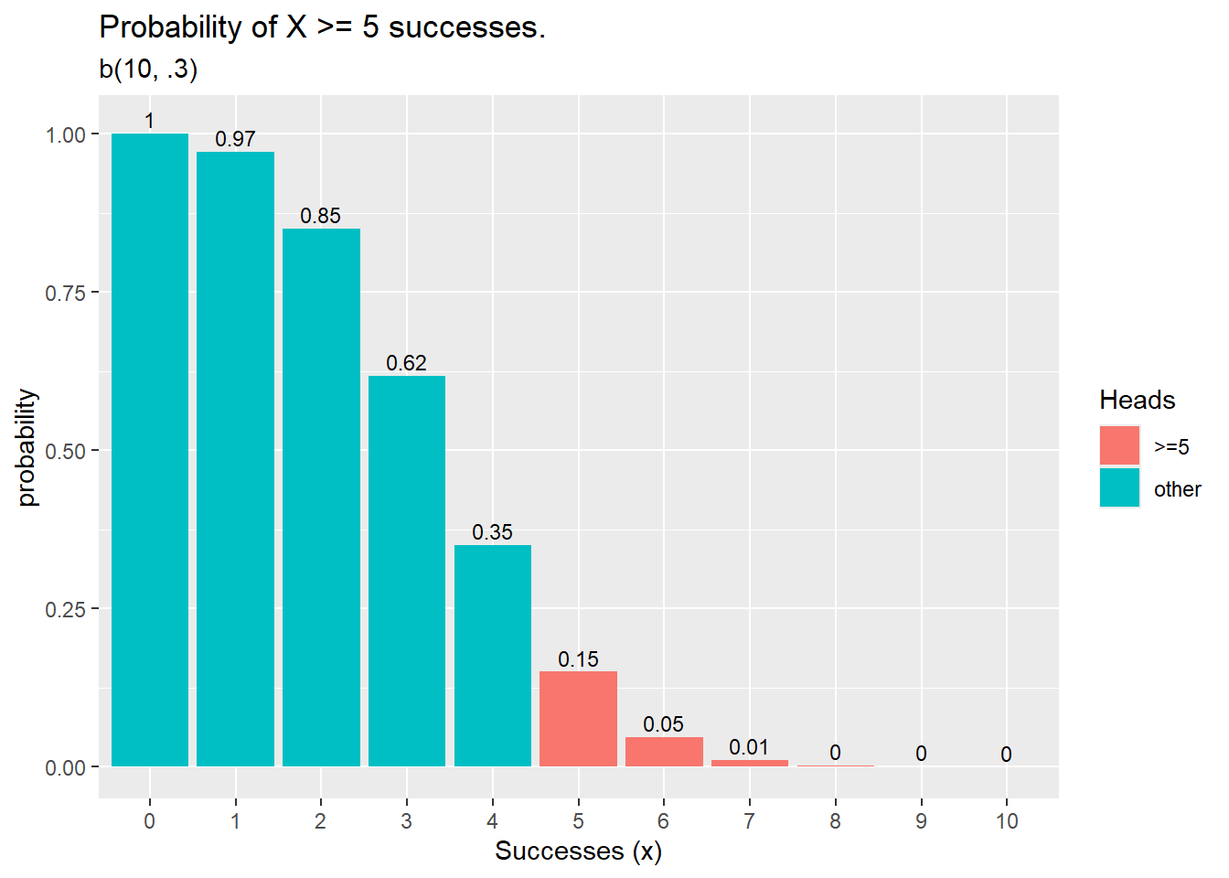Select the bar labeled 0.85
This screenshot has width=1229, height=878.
[x=321, y=498]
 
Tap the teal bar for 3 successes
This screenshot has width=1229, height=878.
[x=407, y=571]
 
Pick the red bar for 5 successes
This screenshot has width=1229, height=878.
[x=578, y=719]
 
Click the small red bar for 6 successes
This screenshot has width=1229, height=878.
[x=664, y=752]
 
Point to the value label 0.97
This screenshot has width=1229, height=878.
[x=235, y=139]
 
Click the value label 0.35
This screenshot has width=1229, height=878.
[x=492, y=532]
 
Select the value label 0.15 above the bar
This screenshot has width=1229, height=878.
[x=578, y=659]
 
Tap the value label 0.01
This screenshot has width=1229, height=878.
[x=749, y=747]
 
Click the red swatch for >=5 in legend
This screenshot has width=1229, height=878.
[x=1119, y=446]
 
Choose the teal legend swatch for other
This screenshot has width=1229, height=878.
[x=1119, y=488]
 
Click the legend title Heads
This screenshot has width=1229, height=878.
[x=1137, y=400]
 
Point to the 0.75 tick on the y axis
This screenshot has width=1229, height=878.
[x=65, y=293]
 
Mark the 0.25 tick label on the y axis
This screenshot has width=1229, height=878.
[x=65, y=609]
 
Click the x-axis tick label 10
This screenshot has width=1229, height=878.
[x=1007, y=821]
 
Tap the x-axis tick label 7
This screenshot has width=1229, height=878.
[x=749, y=821]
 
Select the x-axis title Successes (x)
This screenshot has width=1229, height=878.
[x=578, y=851]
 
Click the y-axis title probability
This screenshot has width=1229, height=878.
[x=27, y=448]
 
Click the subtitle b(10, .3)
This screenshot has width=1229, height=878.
[x=148, y=69]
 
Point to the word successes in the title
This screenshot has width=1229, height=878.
[x=466, y=27]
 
